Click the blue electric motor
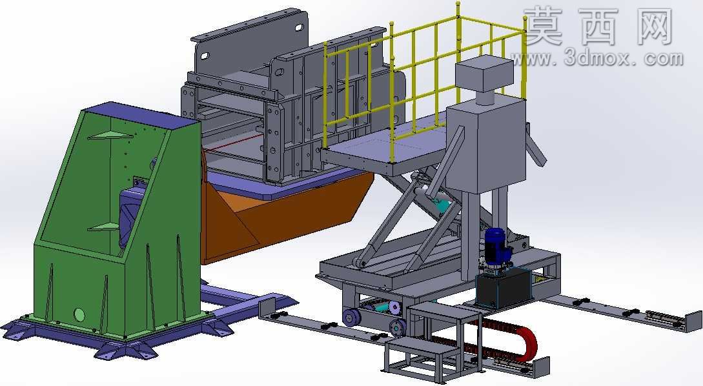click(496, 247)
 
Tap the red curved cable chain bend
click(529, 343)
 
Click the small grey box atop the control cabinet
click(484, 75)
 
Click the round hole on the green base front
click(79, 315)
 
